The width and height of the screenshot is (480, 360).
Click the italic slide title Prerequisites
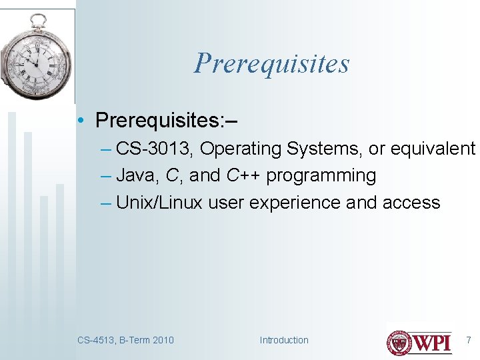(271, 64)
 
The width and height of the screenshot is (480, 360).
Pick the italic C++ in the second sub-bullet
(243, 176)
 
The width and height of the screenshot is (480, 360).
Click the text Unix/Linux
(159, 203)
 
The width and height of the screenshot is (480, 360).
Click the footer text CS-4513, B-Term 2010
(125, 340)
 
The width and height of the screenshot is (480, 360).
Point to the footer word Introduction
(284, 340)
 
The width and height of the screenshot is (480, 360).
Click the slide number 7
(468, 340)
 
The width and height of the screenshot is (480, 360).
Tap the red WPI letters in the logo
(433, 343)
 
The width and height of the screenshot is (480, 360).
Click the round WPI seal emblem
(400, 343)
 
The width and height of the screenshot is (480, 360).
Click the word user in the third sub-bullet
(226, 203)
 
